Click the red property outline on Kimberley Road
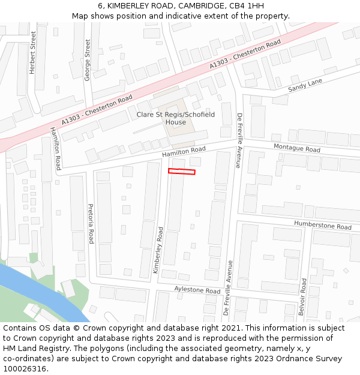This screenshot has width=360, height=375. [x=182, y=172]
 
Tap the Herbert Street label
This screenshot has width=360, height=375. [x=33, y=53]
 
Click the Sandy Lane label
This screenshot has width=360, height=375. [x=305, y=85]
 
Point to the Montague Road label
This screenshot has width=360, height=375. [x=296, y=148]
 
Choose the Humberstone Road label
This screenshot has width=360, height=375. [x=322, y=225]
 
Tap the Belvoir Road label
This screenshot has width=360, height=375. [x=303, y=296]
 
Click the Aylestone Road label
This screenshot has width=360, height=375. [x=197, y=290]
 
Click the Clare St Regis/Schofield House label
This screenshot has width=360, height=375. [x=176, y=118]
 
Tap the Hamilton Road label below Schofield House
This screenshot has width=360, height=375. [x=184, y=152]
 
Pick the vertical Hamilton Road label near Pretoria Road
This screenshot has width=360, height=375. [x=55, y=148]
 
